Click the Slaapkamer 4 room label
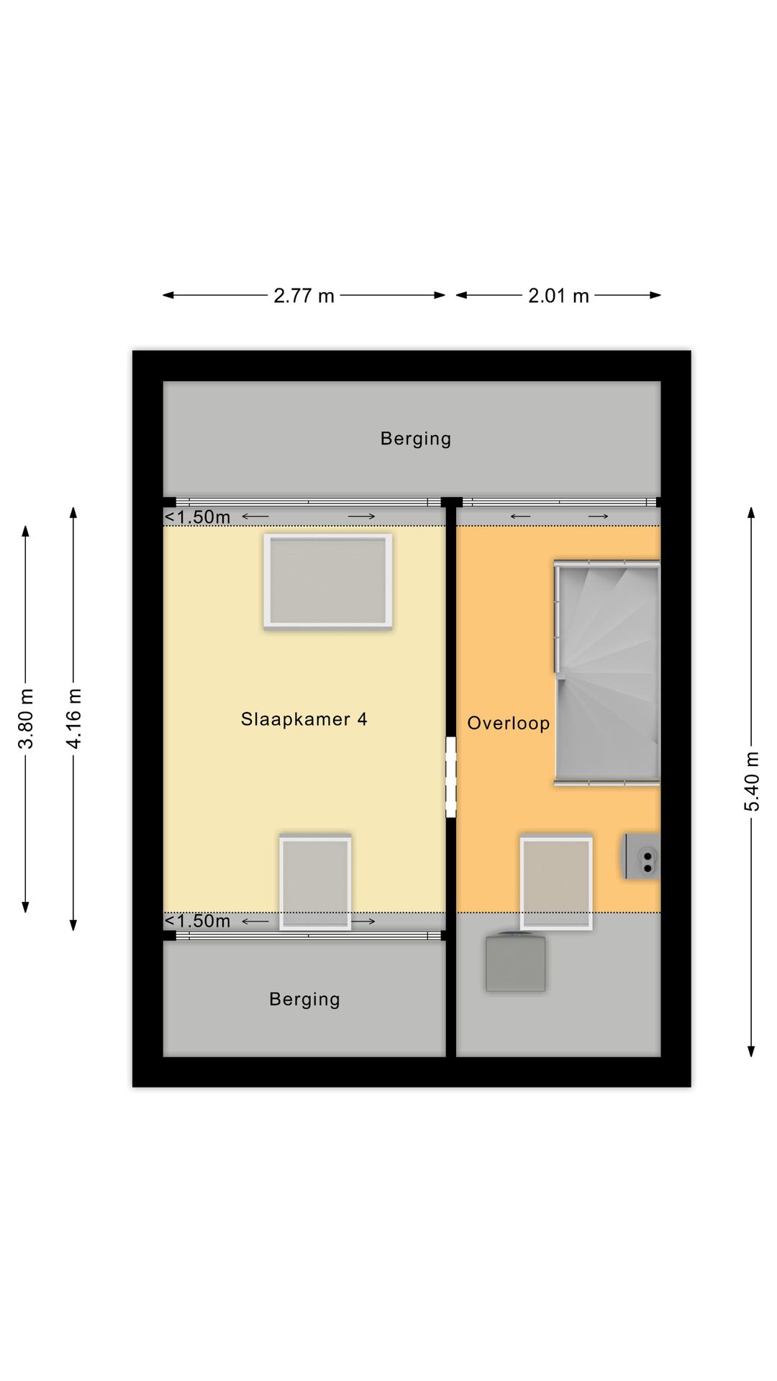[x=304, y=719]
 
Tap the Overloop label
[x=509, y=724]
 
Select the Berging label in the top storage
[x=416, y=439]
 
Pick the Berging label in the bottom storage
[x=304, y=1000]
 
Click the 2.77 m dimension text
[x=304, y=296]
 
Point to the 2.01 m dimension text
[x=558, y=296]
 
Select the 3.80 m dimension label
[x=26, y=719]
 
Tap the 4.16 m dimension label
[x=73, y=718]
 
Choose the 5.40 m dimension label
[x=751, y=781]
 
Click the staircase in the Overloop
[x=607, y=673]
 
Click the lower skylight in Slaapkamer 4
[x=315, y=882]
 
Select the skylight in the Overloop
[x=556, y=882]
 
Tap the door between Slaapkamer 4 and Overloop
[x=451, y=777]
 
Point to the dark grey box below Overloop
[x=515, y=962]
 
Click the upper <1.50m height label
[x=197, y=517]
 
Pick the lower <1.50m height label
[x=197, y=921]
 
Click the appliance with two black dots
[x=642, y=856]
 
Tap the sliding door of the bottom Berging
[x=308, y=936]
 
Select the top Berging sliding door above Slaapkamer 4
[x=308, y=502]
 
